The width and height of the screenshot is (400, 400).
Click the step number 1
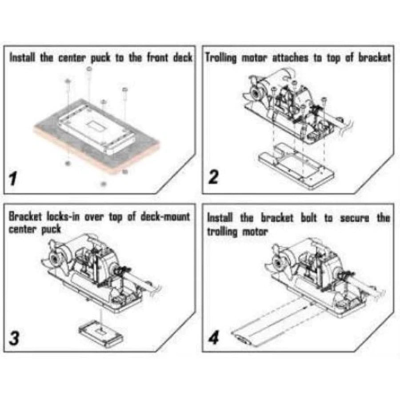click(x=13, y=178)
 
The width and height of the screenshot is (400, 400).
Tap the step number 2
click(x=213, y=176)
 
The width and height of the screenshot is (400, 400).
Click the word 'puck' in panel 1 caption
click(x=101, y=58)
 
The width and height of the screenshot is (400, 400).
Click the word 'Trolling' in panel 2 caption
click(x=221, y=58)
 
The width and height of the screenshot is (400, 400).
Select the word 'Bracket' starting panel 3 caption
click(x=25, y=216)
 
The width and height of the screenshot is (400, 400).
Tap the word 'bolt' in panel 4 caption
click(x=309, y=218)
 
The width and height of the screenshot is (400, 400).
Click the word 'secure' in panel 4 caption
click(x=355, y=218)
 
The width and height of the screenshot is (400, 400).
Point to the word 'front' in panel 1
click(x=157, y=57)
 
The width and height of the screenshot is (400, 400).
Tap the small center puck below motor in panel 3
click(x=101, y=334)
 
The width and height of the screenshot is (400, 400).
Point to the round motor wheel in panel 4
click(x=277, y=263)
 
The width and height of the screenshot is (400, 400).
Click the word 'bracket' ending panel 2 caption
click(x=375, y=57)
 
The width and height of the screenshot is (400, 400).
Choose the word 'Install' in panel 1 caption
click(x=22, y=57)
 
